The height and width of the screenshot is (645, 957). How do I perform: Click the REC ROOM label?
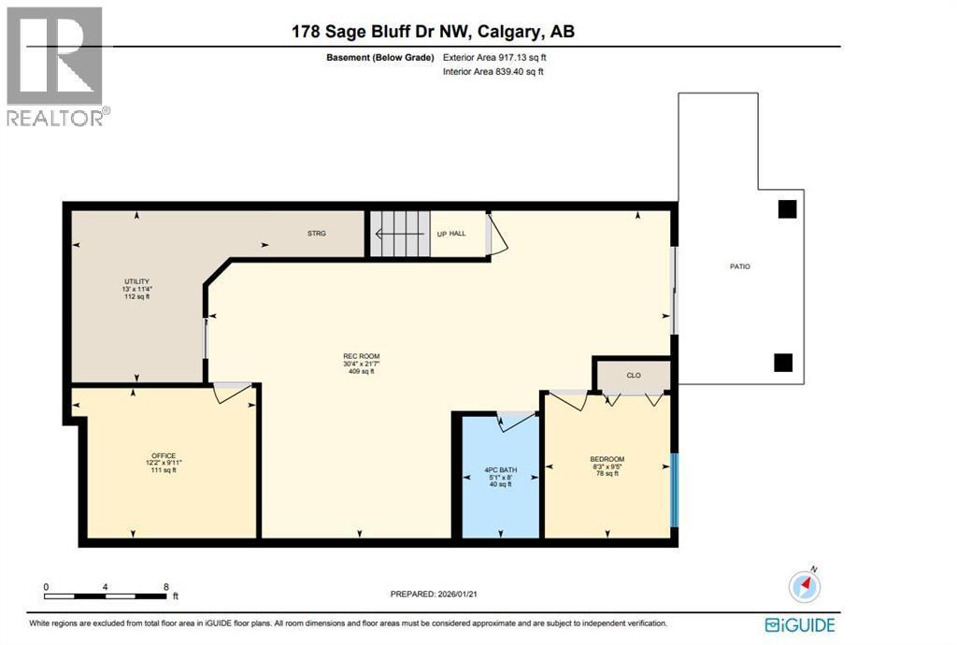pyautogui.click(x=362, y=356)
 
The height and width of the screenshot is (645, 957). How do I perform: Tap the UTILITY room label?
pyautogui.click(x=136, y=282)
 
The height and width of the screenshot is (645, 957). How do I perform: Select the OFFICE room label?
pyautogui.click(x=164, y=456)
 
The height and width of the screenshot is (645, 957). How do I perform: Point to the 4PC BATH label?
pyautogui.click(x=501, y=470)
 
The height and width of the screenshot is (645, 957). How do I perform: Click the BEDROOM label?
pyautogui.click(x=607, y=460)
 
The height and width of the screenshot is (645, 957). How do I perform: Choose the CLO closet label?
pyautogui.click(x=634, y=375)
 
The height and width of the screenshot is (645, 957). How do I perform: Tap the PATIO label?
pyautogui.click(x=740, y=266)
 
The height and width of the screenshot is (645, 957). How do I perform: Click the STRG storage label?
pyautogui.click(x=317, y=234)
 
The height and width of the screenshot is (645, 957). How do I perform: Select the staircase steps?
pyautogui.click(x=400, y=234)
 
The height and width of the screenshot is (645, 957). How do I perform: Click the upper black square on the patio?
pyautogui.click(x=787, y=209)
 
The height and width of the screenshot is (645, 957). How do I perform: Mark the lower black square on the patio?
pyautogui.click(x=783, y=363)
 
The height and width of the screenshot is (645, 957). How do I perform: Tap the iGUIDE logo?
pyautogui.click(x=800, y=624)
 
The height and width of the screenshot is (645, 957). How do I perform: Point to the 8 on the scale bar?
pyautogui.click(x=166, y=587)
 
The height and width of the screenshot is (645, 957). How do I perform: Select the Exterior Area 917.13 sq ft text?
pyautogui.click(x=494, y=58)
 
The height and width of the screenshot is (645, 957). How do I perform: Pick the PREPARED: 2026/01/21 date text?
pyautogui.click(x=434, y=594)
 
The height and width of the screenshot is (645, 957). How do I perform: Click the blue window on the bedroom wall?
pyautogui.click(x=675, y=490)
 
